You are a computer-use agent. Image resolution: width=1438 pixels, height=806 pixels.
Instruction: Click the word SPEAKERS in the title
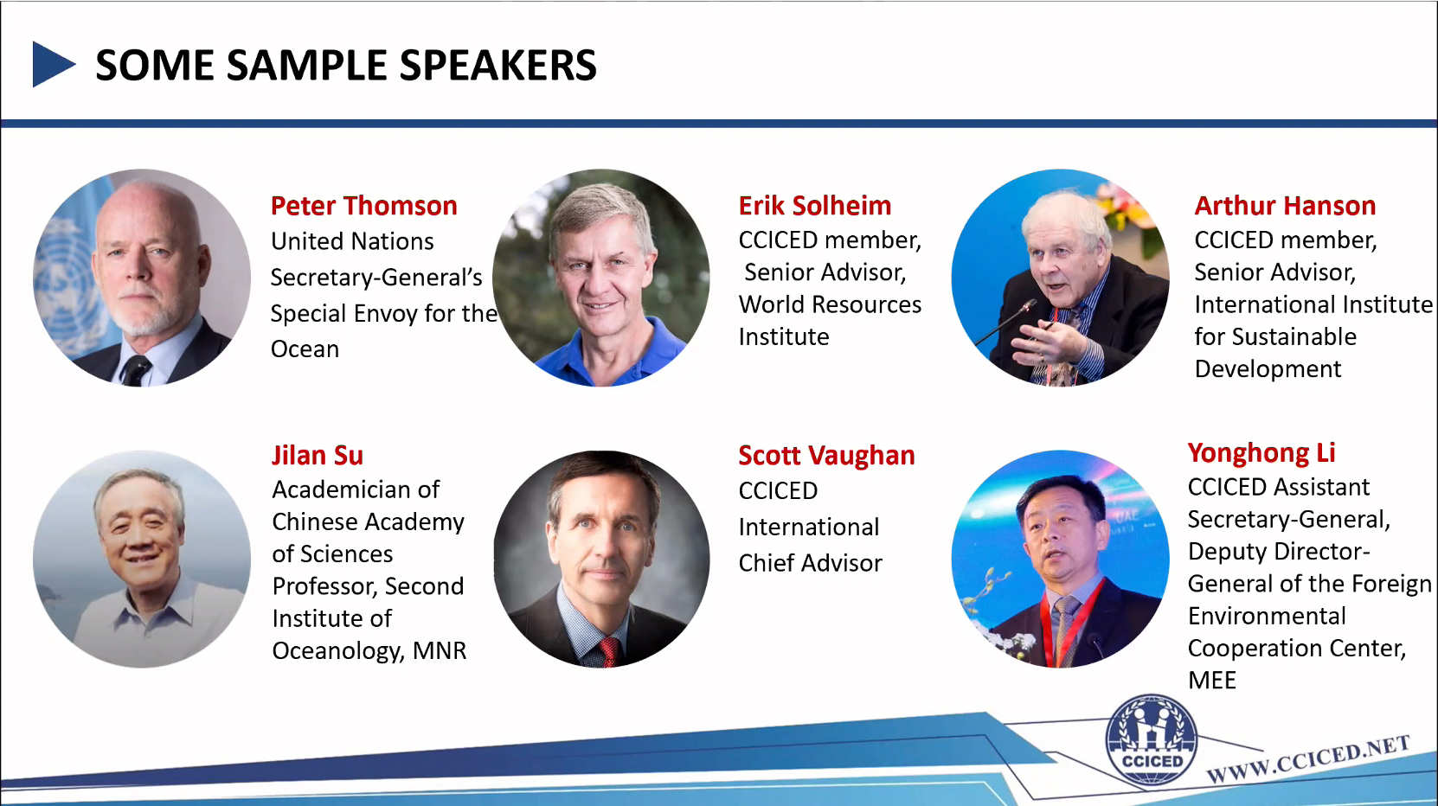pyautogui.click(x=498, y=65)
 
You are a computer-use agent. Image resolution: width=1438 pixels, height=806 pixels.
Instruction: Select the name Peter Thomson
pyautogui.click(x=364, y=206)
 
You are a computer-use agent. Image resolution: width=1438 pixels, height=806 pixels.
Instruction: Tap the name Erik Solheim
pyautogui.click(x=815, y=206)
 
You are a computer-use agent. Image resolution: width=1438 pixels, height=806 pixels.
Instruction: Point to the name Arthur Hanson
pyautogui.click(x=1285, y=206)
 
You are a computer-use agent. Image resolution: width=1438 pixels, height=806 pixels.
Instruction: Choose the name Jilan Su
pyautogui.click(x=318, y=456)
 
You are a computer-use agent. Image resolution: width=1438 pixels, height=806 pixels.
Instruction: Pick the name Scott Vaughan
pyautogui.click(x=827, y=456)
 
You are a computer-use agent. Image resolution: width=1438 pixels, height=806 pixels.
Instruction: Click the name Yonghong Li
pyautogui.click(x=1261, y=453)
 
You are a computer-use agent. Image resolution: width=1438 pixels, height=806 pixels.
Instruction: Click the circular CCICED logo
pyautogui.click(x=1151, y=740)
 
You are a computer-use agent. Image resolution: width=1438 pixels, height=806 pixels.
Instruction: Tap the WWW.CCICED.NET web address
pyautogui.click(x=1307, y=758)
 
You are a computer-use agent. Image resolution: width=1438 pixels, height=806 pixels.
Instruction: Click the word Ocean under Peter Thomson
pyautogui.click(x=305, y=349)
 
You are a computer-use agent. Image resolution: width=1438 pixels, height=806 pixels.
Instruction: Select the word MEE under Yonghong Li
pyautogui.click(x=1212, y=681)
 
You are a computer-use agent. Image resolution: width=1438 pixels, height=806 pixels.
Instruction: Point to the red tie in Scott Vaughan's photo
pyautogui.click(x=608, y=651)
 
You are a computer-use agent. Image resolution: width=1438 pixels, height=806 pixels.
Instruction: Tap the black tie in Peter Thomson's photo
pyautogui.click(x=136, y=371)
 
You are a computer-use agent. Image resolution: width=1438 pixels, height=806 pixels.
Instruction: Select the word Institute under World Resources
pyautogui.click(x=784, y=337)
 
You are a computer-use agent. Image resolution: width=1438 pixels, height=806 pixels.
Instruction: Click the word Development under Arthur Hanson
pyautogui.click(x=1268, y=369)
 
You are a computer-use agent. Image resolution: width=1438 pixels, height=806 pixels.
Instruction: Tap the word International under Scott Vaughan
pyautogui.click(x=809, y=528)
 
